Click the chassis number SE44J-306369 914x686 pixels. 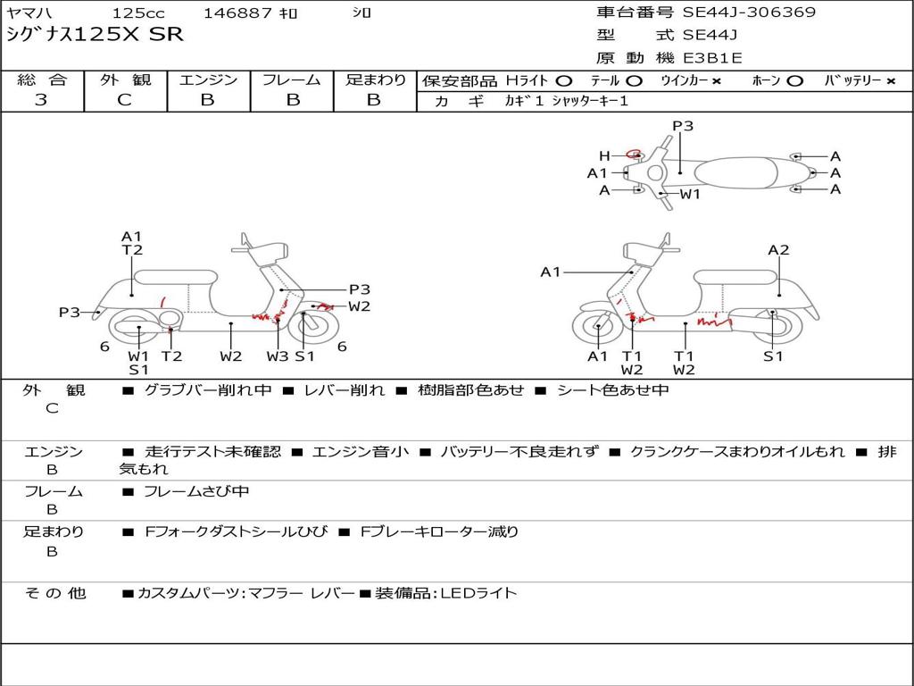(749, 13)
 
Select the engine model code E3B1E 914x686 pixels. (711, 58)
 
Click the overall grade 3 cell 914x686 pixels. (41, 100)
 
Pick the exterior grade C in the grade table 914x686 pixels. (125, 100)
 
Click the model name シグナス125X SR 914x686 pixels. (95, 35)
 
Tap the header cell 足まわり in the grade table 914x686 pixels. (375, 79)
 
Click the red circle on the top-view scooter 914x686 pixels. (635, 154)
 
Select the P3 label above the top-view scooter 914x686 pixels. (683, 126)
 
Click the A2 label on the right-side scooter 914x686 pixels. (778, 250)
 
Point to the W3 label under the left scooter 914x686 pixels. (278, 356)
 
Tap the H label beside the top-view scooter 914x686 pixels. (604, 156)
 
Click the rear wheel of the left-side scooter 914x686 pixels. (138, 330)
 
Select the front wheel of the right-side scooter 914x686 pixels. (597, 330)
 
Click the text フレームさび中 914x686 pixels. (196, 491)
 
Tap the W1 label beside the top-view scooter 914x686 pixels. (690, 193)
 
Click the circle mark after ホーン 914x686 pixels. (794, 80)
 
